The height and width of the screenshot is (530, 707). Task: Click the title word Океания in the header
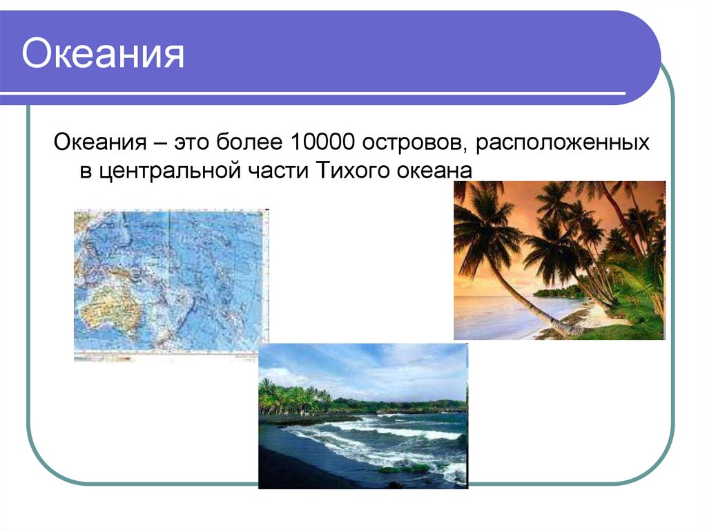103,55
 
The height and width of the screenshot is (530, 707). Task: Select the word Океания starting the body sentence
99,144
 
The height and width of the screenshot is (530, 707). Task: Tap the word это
193,144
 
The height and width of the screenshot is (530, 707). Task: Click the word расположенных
562,144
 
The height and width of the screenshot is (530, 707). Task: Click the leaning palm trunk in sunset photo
532,304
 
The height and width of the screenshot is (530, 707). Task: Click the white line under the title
311,93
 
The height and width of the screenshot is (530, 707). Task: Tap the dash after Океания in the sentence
160,145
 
